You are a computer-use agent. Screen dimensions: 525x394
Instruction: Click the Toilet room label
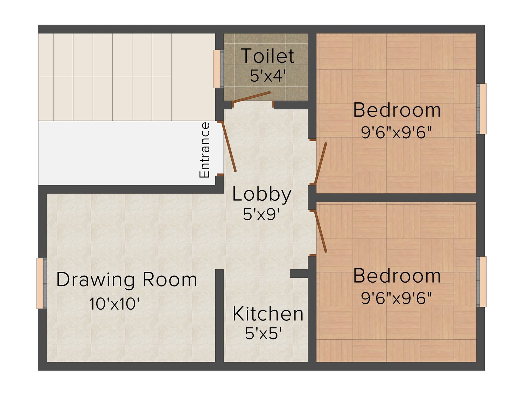click(267, 56)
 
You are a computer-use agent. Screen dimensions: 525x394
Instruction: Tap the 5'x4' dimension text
click(268, 76)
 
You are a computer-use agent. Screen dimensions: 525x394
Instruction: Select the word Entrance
click(204, 150)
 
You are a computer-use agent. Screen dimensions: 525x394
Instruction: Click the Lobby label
click(262, 194)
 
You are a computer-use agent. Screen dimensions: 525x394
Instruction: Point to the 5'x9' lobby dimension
click(261, 214)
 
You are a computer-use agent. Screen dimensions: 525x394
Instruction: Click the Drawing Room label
click(127, 279)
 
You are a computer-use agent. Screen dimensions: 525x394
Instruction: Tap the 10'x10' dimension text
click(114, 304)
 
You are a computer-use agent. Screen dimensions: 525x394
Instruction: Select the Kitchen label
click(268, 313)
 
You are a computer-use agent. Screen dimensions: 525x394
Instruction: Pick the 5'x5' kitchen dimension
click(263, 333)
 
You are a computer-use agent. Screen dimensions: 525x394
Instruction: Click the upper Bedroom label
click(397, 110)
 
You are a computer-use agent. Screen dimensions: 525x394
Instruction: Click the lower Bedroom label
click(397, 276)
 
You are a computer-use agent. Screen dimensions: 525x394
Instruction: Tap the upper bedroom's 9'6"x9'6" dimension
click(396, 132)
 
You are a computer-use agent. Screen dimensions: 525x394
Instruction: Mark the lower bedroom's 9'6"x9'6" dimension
click(396, 298)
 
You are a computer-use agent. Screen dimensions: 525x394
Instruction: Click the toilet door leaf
click(251, 97)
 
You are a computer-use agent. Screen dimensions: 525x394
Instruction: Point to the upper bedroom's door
click(321, 163)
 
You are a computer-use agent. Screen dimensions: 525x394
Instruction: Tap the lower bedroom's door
click(321, 231)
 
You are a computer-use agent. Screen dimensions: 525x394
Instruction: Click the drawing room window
click(42, 283)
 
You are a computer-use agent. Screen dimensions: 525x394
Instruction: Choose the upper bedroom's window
click(482, 109)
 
